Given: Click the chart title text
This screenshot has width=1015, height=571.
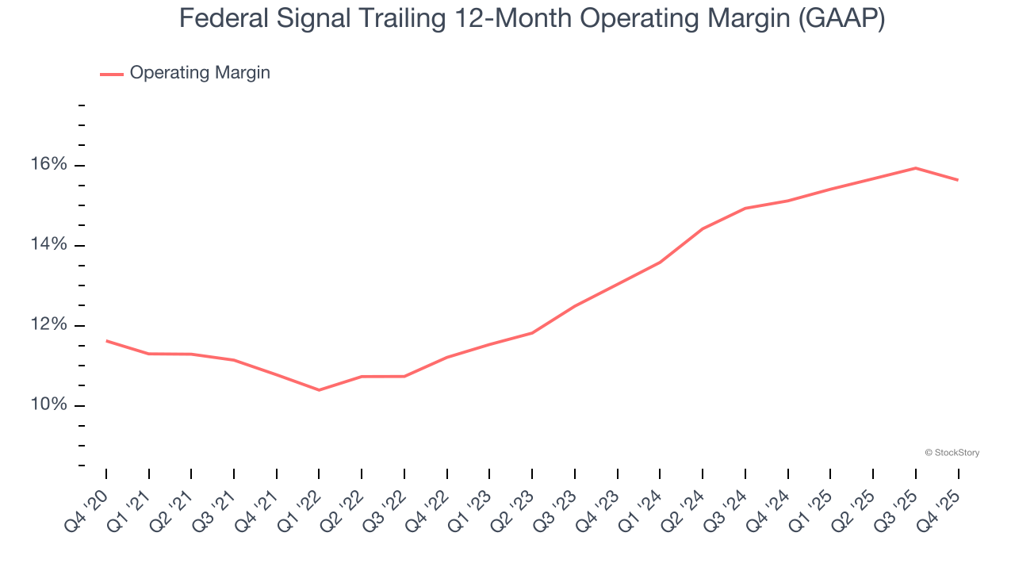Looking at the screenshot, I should (531, 17).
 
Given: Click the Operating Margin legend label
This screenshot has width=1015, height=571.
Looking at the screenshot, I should (200, 73).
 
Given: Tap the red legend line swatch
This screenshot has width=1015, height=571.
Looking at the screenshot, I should (112, 74).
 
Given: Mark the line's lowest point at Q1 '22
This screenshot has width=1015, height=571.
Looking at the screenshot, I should (319, 390).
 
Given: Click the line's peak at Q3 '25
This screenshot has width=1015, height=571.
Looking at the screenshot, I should (915, 168).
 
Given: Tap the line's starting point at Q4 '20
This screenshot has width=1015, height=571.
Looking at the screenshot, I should (106, 341).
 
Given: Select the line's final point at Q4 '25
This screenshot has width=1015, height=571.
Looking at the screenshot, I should (958, 180).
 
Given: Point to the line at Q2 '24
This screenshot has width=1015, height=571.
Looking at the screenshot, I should (703, 228).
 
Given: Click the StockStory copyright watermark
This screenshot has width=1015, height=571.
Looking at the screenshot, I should (952, 453).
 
